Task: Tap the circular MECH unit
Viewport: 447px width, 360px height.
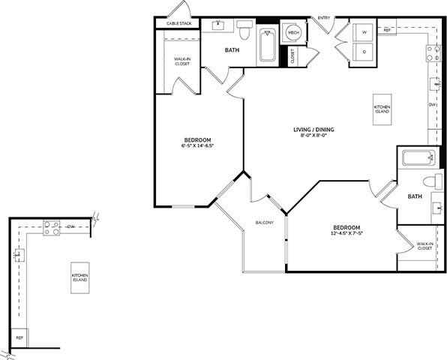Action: pos(292,33)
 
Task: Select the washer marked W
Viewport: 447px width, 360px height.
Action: pos(364,33)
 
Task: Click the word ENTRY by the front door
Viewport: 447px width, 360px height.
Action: pos(324,17)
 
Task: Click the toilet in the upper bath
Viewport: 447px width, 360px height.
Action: pos(244,29)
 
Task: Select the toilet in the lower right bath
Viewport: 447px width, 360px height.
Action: pos(433,181)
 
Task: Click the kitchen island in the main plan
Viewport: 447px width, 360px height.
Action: pos(382,109)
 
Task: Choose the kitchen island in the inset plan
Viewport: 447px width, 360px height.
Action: pos(79,277)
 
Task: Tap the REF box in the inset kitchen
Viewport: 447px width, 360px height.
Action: pos(20,338)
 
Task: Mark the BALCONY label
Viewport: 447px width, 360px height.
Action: pos(264,223)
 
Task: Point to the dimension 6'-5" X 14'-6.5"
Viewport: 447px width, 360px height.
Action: pos(197,146)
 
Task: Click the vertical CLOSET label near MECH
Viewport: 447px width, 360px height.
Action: pos(292,56)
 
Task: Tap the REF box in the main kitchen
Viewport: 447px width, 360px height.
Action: pos(387,30)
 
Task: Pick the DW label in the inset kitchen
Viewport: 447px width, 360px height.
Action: pos(70,226)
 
